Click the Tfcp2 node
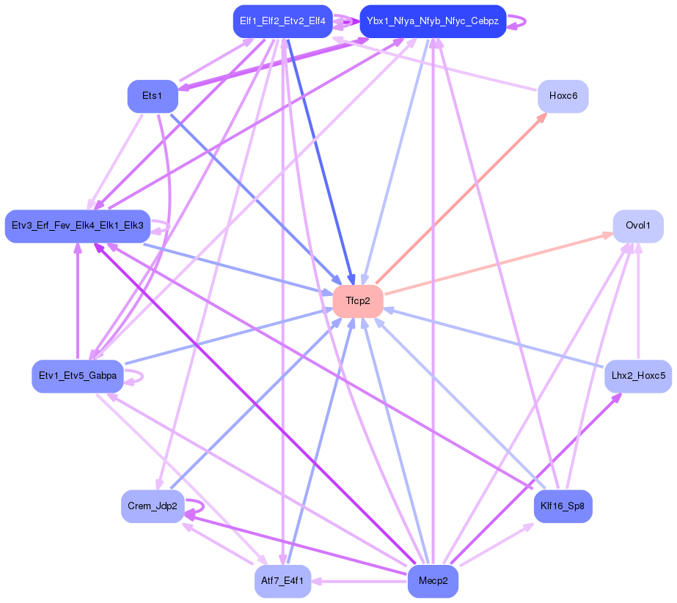click(358, 301)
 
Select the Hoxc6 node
click(563, 96)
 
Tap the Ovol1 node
click(638, 226)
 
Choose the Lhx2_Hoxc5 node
click(638, 376)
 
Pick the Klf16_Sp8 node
click(563, 506)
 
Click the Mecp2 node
click(433, 581)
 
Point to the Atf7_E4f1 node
click(283, 581)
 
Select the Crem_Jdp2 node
click(153, 506)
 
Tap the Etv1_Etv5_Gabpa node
click(78, 376)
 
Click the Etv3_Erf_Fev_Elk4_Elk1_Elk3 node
click(78, 226)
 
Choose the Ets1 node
click(153, 96)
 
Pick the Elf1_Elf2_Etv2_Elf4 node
click(283, 21)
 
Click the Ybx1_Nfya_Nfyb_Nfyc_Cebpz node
click(433, 21)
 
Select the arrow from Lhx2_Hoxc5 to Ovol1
click(638, 300)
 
